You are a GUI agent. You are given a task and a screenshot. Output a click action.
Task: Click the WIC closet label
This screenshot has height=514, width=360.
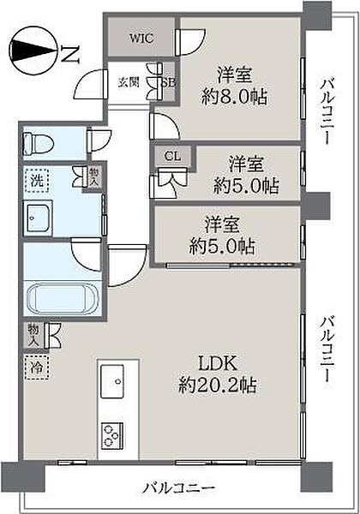click(x=141, y=38)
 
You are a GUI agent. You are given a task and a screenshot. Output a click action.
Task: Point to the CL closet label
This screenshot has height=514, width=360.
click(x=172, y=156)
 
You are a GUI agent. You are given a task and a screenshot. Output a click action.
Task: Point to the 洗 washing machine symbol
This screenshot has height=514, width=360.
click(x=37, y=181)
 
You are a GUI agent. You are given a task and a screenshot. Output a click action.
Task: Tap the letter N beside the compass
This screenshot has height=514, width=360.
click(x=69, y=54)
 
